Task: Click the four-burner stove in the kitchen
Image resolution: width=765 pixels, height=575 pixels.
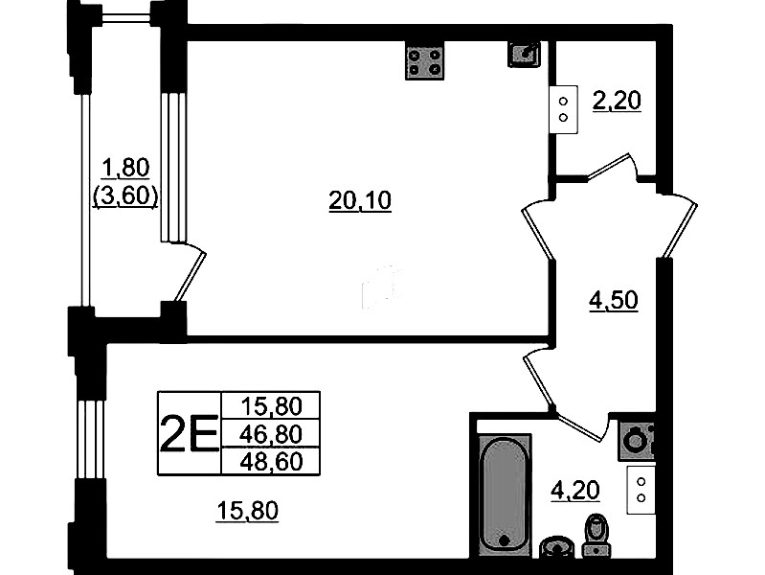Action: click(424, 60)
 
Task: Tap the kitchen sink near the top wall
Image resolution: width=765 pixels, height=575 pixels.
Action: click(524, 54)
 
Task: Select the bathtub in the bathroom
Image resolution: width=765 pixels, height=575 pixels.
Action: click(504, 494)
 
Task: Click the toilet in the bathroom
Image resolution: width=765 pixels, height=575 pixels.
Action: click(596, 535)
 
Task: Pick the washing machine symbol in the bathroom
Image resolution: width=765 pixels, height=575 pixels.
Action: click(637, 442)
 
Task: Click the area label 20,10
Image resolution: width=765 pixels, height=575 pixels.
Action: click(360, 200)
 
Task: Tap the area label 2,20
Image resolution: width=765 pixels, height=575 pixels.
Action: click(617, 101)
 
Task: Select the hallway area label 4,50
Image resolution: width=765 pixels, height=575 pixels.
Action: click(614, 300)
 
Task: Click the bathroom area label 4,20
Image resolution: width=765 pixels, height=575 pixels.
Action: click(574, 490)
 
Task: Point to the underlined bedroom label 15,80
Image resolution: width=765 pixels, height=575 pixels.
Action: click(247, 511)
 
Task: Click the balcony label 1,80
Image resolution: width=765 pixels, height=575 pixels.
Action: click(125, 168)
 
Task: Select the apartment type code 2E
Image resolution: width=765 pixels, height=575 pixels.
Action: click(190, 433)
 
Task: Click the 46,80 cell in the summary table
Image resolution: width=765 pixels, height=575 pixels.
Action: click(271, 434)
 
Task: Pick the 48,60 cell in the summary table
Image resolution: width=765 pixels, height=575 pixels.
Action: click(271, 461)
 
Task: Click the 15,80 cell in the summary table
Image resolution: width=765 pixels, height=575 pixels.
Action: click(271, 405)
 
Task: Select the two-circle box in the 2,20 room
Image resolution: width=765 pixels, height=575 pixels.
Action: click(564, 109)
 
